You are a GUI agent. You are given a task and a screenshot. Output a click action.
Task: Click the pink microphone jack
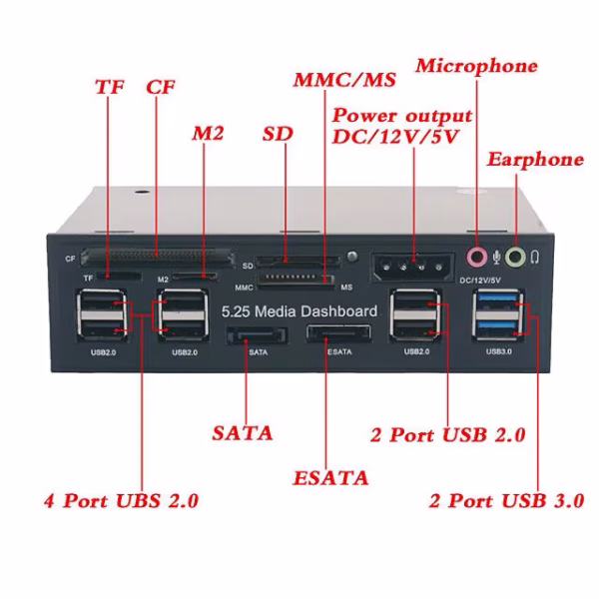[x=476, y=258]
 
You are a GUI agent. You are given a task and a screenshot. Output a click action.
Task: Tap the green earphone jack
[x=514, y=258]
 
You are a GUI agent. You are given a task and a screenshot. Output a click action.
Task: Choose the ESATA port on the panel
[x=336, y=334]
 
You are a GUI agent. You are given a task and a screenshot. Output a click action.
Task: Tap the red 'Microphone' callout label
[x=476, y=66]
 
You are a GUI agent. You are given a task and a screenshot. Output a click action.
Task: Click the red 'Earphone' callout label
[x=534, y=160]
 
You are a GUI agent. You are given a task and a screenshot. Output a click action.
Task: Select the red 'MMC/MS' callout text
[x=343, y=79]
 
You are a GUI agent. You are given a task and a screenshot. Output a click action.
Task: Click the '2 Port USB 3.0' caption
[x=505, y=500]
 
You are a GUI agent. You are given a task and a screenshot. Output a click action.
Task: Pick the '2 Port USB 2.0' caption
[x=447, y=434]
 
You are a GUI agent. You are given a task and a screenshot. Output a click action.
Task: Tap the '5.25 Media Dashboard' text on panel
[x=299, y=310]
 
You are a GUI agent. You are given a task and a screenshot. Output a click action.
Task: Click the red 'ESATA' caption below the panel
[x=330, y=477]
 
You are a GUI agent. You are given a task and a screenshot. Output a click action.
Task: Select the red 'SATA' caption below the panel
[x=243, y=433]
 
